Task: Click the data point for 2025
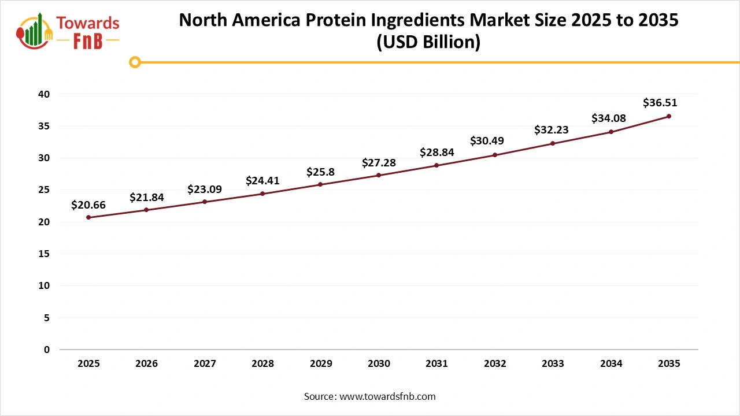click(x=88, y=217)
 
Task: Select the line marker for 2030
click(x=379, y=175)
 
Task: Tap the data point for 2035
click(x=669, y=116)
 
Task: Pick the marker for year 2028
click(x=262, y=194)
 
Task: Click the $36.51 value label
click(x=660, y=103)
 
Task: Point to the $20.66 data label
click(x=88, y=205)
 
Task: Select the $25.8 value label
click(x=321, y=172)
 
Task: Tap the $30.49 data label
click(x=486, y=141)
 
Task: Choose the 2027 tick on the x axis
click(x=205, y=364)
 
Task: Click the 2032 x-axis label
click(x=495, y=364)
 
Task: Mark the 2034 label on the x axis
click(x=611, y=364)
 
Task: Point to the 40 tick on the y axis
click(x=45, y=94)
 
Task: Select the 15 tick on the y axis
click(x=45, y=254)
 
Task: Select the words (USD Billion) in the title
click(x=428, y=43)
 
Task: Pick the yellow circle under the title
click(x=135, y=62)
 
